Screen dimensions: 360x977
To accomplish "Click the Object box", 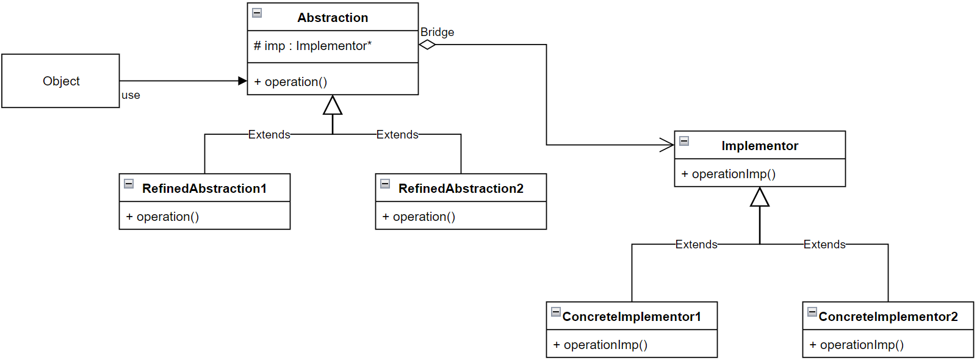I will (60, 81).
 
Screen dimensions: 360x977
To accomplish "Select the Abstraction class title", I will (333, 18).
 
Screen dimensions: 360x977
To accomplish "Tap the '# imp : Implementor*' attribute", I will (312, 46).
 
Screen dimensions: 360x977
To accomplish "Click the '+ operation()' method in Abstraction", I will (290, 82).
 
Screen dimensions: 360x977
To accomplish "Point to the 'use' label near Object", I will (131, 95).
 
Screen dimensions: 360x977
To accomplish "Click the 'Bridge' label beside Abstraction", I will (437, 32).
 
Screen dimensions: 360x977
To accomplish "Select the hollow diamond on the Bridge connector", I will (427, 45).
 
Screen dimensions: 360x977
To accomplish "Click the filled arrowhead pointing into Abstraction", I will (242, 81).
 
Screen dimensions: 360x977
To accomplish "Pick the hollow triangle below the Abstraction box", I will (333, 106).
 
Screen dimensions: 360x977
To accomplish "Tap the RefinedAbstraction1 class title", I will (204, 189).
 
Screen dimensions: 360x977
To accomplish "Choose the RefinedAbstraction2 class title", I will (461, 189).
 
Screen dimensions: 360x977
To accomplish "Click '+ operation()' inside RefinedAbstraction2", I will (419, 217).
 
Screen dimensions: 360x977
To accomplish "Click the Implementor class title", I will (760, 146).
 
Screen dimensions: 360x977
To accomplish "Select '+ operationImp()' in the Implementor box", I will (728, 174).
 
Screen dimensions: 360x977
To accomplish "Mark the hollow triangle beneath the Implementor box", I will (760, 197).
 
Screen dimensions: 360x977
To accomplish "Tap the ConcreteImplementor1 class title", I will (632, 317).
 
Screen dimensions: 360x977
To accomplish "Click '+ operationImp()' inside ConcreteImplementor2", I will (856, 345).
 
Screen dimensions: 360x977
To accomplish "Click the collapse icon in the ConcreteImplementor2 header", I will (812, 312).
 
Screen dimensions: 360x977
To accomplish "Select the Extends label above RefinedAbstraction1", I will (269, 134).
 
